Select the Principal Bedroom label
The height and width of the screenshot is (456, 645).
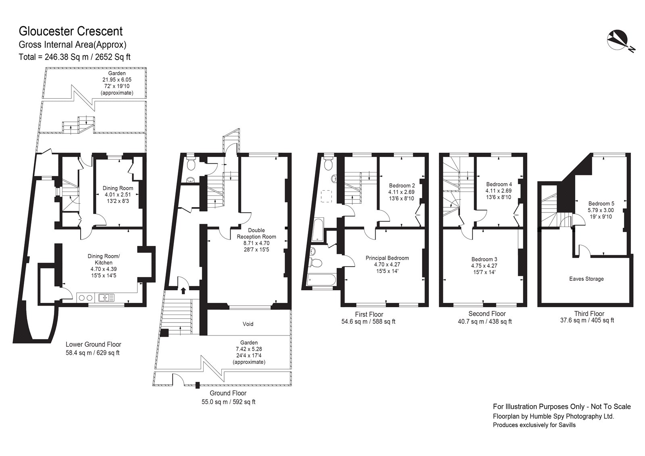click(387, 258)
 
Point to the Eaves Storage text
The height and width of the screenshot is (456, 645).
click(586, 279)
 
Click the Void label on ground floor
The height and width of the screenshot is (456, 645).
click(248, 324)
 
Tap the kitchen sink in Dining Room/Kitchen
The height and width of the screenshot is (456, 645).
click(106, 298)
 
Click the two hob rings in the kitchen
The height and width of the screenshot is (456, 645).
click(85, 298)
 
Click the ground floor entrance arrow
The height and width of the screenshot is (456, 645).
click(183, 290)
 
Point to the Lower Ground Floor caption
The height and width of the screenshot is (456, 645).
click(93, 344)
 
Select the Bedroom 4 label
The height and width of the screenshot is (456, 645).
click(499, 184)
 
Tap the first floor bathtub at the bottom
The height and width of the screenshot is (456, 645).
click(321, 279)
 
